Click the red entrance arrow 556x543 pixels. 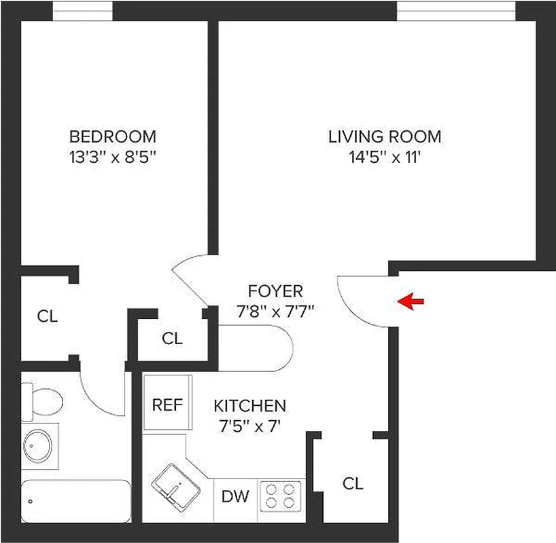(x=411, y=301)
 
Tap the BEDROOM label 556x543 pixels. (x=113, y=136)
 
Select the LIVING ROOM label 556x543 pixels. (x=385, y=136)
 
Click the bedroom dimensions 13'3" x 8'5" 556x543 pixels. (x=113, y=157)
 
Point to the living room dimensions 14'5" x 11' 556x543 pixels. (x=385, y=157)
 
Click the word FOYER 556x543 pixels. (x=275, y=292)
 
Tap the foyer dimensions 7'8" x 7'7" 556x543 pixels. (x=275, y=311)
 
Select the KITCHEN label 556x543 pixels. (x=249, y=406)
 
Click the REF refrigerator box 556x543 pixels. (x=167, y=405)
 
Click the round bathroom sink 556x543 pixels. (x=38, y=445)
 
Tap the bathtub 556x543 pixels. (x=75, y=502)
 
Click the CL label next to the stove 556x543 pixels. (x=353, y=483)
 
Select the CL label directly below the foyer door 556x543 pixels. (x=173, y=338)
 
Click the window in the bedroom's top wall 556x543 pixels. (x=83, y=10)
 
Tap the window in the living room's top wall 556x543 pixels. (x=456, y=10)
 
